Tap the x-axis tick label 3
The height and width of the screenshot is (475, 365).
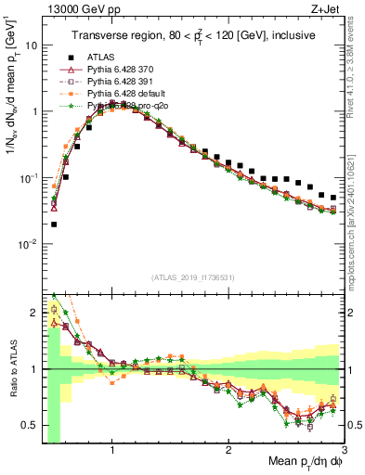pos(344,450)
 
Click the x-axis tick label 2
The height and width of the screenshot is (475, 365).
pos(228,450)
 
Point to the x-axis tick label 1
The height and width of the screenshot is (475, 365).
pos(112,450)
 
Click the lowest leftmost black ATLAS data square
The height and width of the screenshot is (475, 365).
pos(54,224)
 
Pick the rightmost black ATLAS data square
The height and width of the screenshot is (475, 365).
pos(333,198)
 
